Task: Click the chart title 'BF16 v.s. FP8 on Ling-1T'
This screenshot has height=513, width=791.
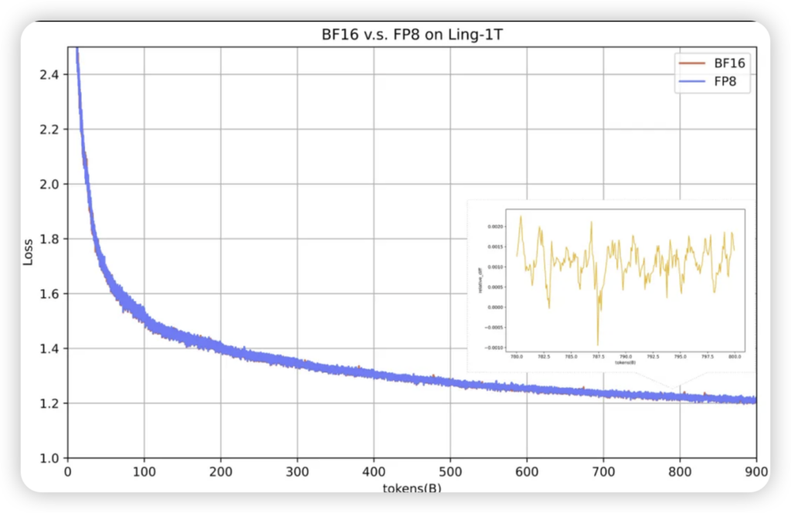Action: click(412, 35)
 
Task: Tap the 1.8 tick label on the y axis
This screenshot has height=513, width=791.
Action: click(51, 239)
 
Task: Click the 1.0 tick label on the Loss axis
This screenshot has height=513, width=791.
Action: click(51, 458)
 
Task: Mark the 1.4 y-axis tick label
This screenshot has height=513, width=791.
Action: click(51, 348)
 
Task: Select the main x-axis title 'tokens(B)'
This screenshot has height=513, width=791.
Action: click(412, 488)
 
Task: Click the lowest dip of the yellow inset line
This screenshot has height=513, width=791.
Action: click(598, 345)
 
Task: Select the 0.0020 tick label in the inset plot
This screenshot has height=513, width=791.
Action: click(494, 227)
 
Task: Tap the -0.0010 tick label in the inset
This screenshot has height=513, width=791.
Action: click(494, 348)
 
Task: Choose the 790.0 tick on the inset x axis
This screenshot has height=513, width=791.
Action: click(626, 357)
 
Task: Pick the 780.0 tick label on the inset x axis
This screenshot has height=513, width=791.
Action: click(516, 357)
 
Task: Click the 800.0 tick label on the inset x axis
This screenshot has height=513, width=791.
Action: click(735, 357)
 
